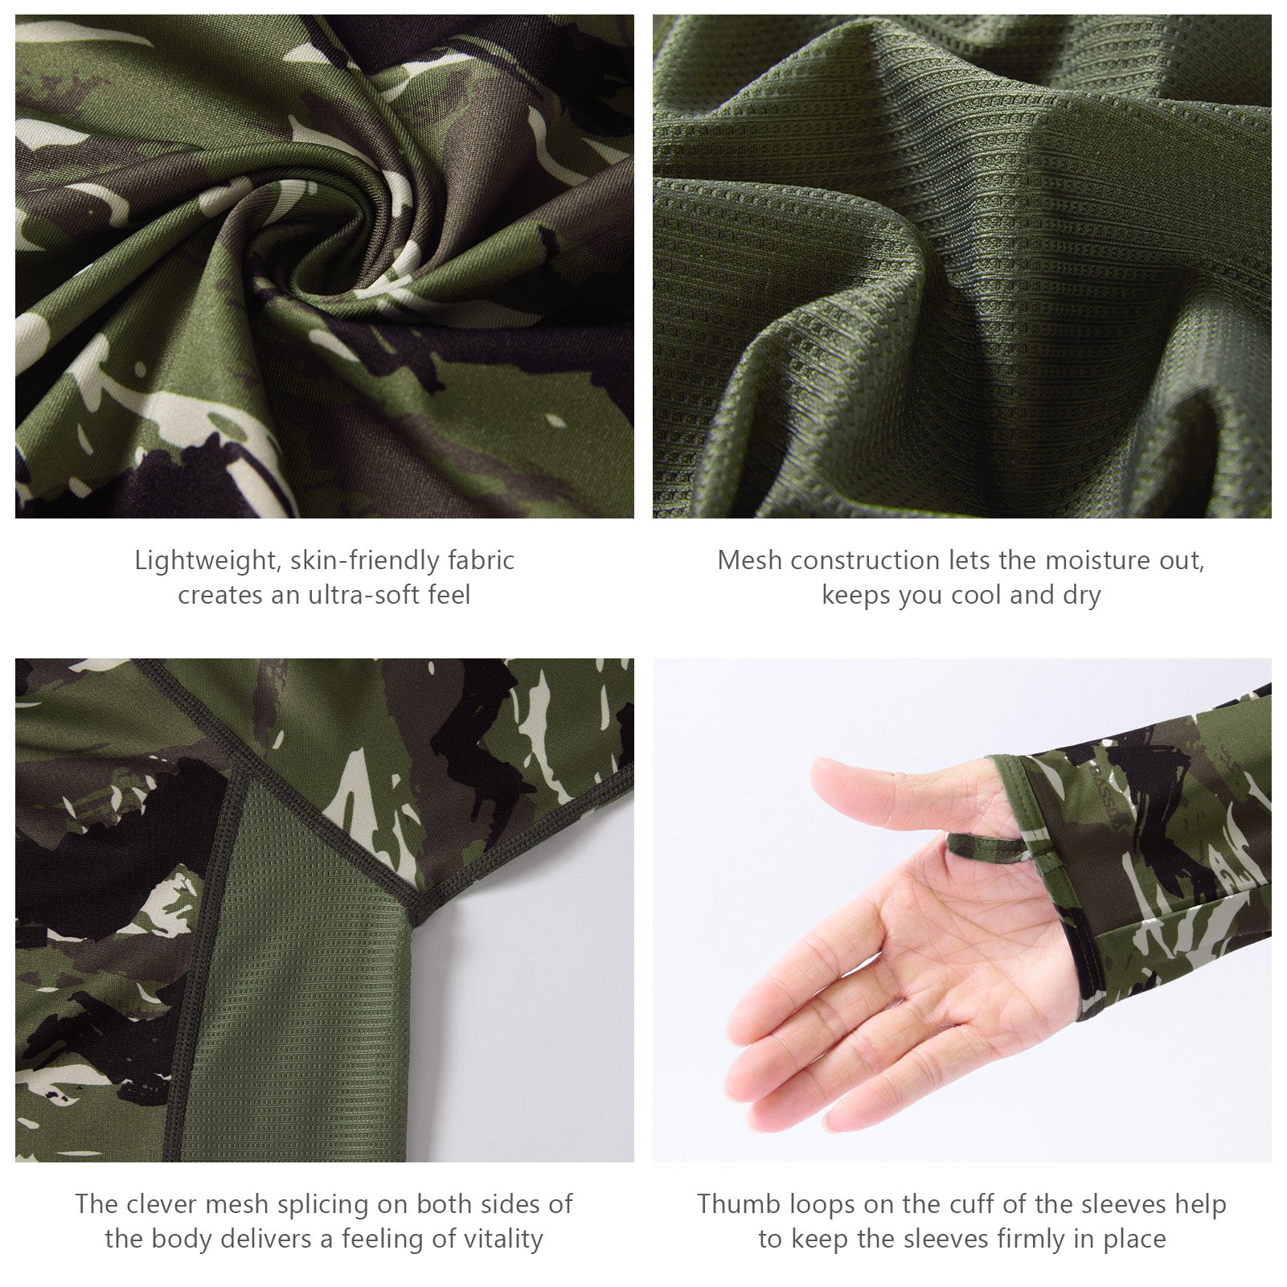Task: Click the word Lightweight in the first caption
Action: (204, 560)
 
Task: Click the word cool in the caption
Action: (975, 596)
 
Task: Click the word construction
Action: (863, 560)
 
